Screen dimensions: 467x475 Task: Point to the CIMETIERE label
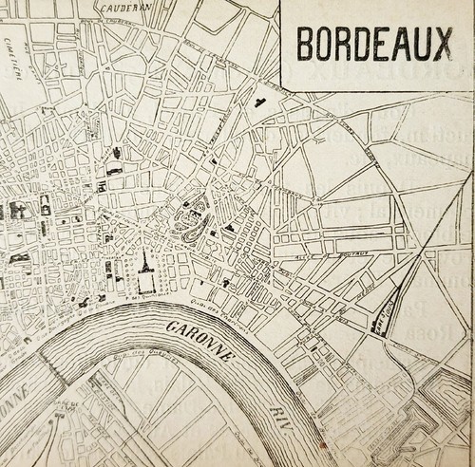(x=13, y=39)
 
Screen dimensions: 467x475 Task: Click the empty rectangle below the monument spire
(x=146, y=282)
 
